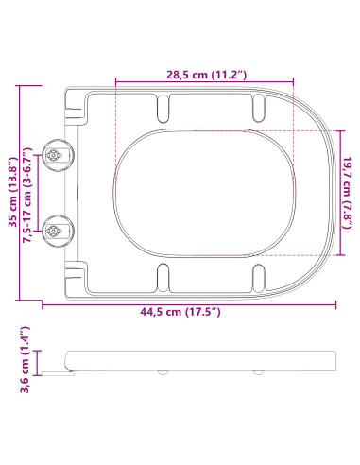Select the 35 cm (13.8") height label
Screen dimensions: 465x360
[x=10, y=194]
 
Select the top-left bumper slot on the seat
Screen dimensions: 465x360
[x=163, y=110]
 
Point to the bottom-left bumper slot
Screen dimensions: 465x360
[x=163, y=277]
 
